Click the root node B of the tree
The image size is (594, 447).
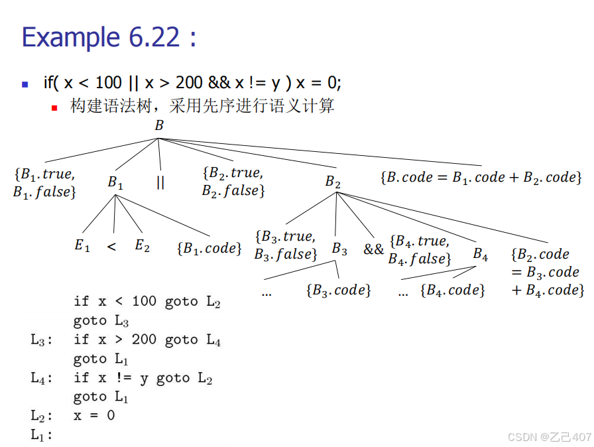tap(159, 125)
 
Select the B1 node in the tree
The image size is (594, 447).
tap(115, 182)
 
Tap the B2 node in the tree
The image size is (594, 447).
tap(333, 181)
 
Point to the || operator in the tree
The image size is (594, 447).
tap(160, 182)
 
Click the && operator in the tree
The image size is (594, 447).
tap(373, 249)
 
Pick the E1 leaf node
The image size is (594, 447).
tap(82, 245)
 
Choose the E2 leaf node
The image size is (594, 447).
tap(142, 245)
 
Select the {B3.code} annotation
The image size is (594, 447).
tap(338, 290)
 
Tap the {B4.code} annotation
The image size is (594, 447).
tap(453, 290)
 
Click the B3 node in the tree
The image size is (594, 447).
tap(339, 249)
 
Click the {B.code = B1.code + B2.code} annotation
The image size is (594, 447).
tap(481, 178)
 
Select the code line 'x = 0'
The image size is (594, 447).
tap(94, 416)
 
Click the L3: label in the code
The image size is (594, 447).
tap(42, 340)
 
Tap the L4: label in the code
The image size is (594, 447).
tap(42, 379)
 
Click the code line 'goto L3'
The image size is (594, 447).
tap(100, 321)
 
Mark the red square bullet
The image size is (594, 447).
tap(55, 107)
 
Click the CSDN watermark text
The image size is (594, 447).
tap(549, 436)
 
